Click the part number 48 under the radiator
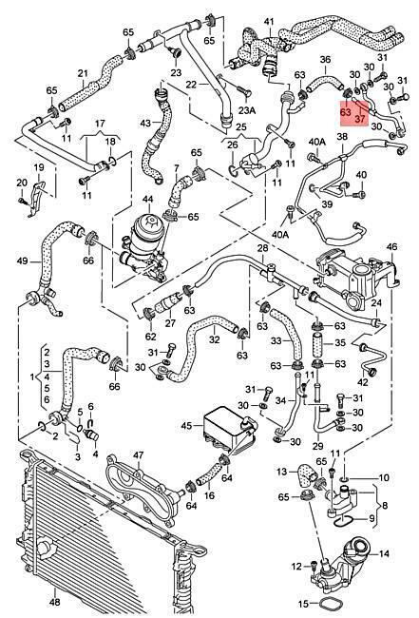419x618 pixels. [55, 602]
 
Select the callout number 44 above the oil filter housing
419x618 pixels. [147, 201]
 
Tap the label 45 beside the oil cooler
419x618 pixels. [186, 426]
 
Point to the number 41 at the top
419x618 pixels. [268, 21]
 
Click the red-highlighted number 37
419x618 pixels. [360, 119]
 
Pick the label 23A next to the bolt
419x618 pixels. [247, 110]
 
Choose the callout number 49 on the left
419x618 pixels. [23, 261]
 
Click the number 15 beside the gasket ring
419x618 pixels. [303, 604]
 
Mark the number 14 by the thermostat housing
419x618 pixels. [385, 553]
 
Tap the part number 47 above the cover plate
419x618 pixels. [138, 455]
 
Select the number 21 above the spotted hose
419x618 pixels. [83, 73]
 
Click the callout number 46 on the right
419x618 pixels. [391, 247]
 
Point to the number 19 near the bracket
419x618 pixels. [39, 168]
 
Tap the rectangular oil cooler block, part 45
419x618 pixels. [222, 428]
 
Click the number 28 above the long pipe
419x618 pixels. [262, 248]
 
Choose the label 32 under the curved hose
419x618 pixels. [214, 339]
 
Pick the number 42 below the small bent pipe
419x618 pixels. [363, 382]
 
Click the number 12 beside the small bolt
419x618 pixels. [296, 567]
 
